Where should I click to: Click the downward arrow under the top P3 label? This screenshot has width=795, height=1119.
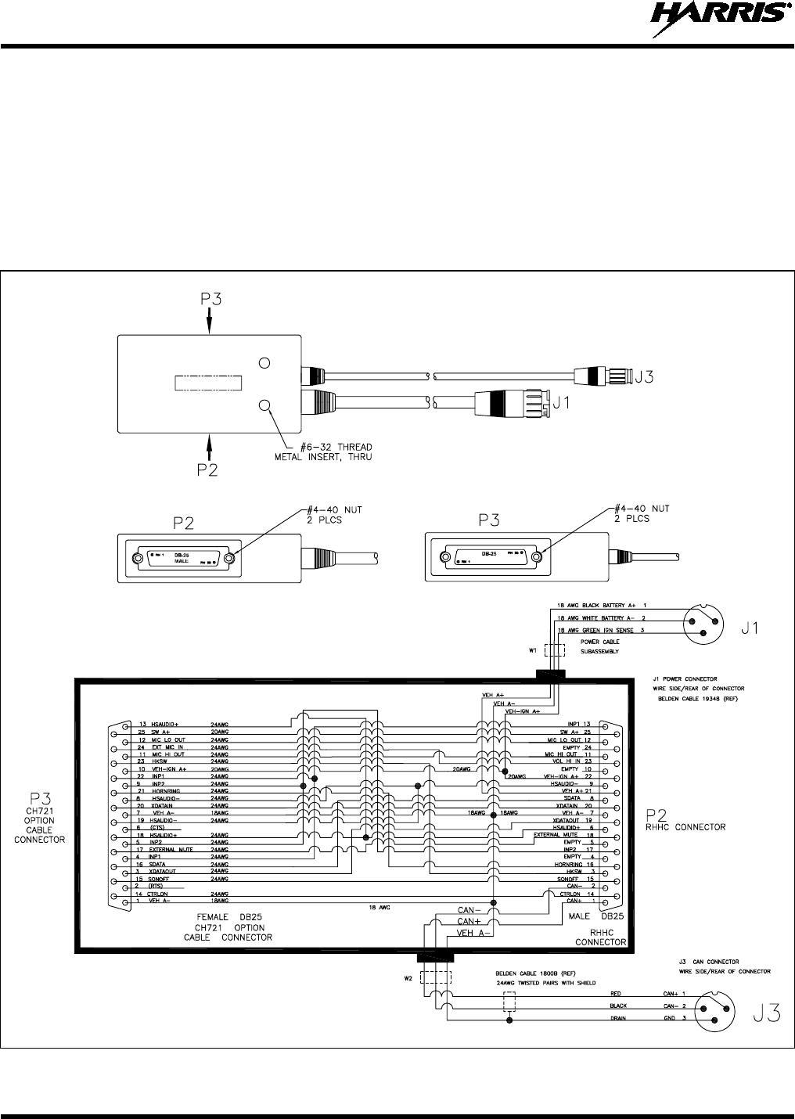(210, 319)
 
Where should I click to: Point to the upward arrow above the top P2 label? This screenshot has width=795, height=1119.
(210, 447)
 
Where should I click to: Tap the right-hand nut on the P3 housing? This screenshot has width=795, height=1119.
(537, 558)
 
